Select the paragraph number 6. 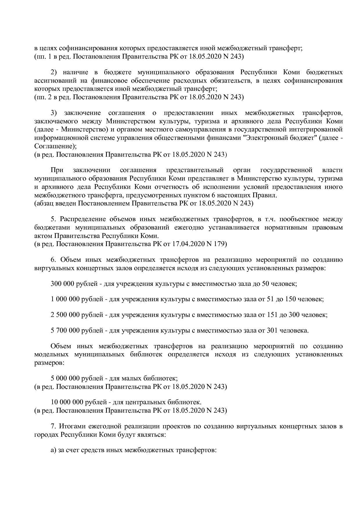click(53, 259)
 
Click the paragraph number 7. click(53, 426)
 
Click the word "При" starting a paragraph click(57, 170)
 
